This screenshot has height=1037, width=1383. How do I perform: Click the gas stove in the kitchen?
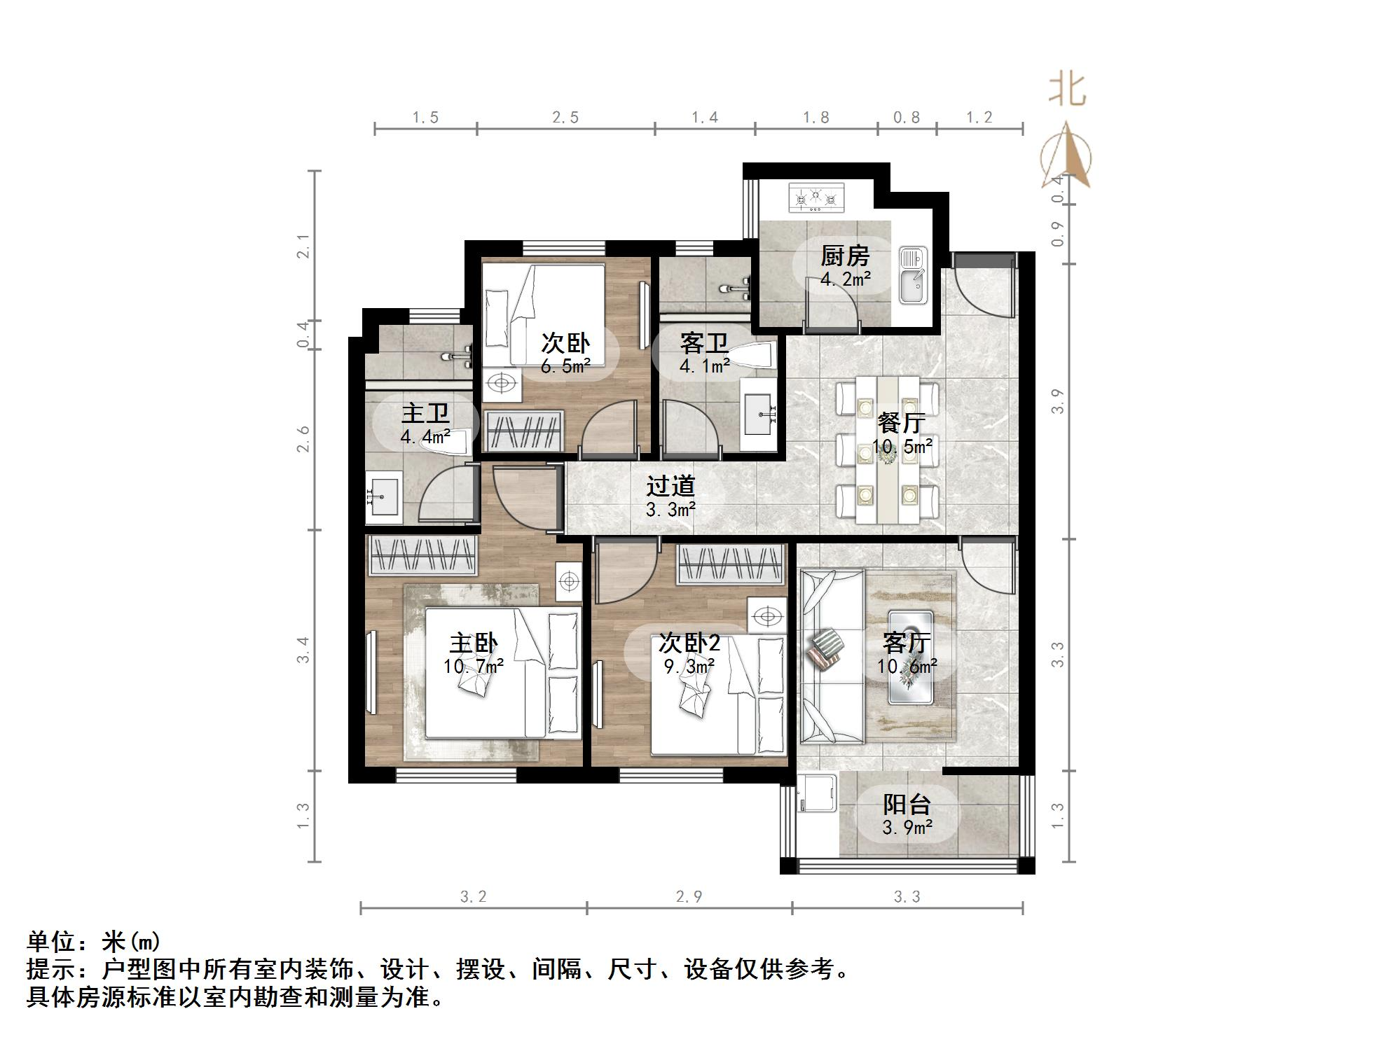(x=817, y=198)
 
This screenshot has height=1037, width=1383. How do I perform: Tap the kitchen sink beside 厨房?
(x=913, y=276)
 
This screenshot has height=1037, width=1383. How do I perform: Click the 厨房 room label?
(x=845, y=256)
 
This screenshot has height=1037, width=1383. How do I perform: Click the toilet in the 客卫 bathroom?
(x=757, y=356)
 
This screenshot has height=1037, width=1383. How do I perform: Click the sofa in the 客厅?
(x=831, y=656)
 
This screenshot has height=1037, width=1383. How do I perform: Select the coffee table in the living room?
(x=911, y=657)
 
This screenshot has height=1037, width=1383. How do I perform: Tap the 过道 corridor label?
(x=670, y=486)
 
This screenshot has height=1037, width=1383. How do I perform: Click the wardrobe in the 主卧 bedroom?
(x=422, y=555)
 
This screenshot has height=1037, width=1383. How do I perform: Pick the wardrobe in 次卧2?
(x=729, y=564)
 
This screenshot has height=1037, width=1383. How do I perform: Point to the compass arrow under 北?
(x=1066, y=155)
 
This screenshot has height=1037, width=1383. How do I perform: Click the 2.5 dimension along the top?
(x=565, y=118)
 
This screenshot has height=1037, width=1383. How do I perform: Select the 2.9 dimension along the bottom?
(x=689, y=897)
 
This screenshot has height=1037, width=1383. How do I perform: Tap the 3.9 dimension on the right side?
(x=1057, y=401)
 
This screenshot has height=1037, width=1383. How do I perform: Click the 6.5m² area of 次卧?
(x=565, y=366)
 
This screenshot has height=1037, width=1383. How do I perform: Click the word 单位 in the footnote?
(x=52, y=941)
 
